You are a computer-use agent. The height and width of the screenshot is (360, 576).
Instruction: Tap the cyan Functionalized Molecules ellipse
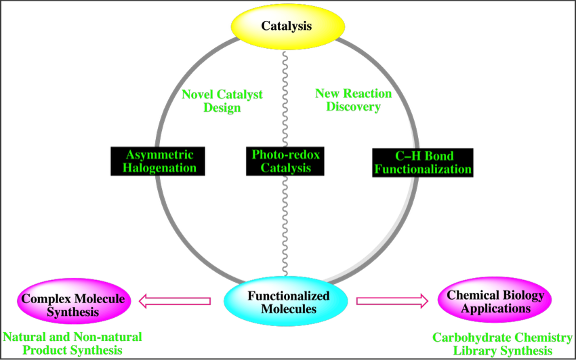[x=288, y=302]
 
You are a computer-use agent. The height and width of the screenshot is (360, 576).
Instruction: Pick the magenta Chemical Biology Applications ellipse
[x=495, y=302]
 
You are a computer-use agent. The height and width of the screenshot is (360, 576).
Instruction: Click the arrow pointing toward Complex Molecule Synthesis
[x=174, y=300]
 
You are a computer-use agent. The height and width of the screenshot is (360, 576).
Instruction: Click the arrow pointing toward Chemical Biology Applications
[x=392, y=300]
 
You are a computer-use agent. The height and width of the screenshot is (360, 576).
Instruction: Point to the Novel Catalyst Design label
[x=222, y=102]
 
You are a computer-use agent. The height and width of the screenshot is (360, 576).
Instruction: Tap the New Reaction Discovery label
[x=353, y=100]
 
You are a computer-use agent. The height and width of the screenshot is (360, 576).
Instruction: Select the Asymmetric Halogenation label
[x=160, y=161]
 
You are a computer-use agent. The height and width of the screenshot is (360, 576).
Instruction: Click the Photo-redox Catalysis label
[x=286, y=161]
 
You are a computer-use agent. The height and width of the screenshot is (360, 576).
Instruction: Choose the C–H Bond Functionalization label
[x=423, y=162]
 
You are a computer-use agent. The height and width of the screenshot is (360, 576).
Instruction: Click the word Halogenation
[x=160, y=168]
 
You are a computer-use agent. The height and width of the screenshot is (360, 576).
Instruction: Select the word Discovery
[x=353, y=107]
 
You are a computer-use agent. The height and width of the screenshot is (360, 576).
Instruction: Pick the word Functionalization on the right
[x=423, y=169]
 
